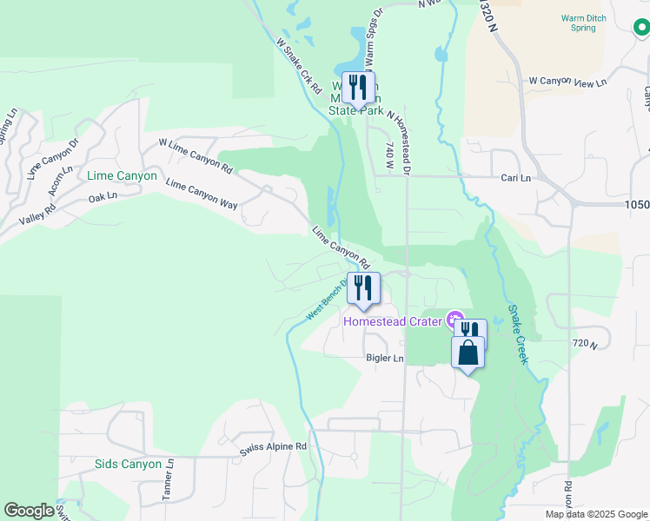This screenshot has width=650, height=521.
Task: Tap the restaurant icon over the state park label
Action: (358, 87)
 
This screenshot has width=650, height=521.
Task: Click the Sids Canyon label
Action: (128, 464)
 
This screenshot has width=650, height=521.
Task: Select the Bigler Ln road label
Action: (385, 358)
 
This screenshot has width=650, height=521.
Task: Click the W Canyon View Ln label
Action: (567, 82)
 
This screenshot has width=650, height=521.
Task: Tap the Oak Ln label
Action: (103, 197)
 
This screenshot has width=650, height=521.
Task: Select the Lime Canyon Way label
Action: (202, 193)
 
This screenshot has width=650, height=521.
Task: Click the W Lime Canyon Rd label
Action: (196, 155)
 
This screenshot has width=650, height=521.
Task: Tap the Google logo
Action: (28, 511)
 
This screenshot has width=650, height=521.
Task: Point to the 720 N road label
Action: (587, 345)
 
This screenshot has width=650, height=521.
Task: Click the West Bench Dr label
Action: (327, 300)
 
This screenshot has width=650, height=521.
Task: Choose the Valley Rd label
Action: (37, 214)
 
